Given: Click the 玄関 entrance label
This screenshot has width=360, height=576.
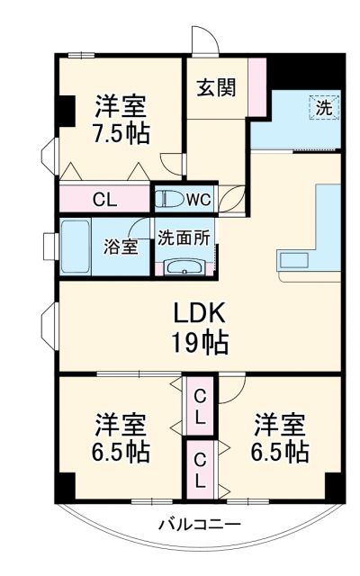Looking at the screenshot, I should (218, 88).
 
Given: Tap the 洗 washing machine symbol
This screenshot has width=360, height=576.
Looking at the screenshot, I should (323, 106).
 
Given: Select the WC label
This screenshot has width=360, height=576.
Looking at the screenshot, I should (198, 198).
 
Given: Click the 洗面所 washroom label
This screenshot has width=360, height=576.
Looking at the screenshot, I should (184, 238).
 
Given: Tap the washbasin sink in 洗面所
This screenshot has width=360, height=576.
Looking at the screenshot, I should (184, 266).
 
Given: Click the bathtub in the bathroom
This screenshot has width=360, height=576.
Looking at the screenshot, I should (79, 246).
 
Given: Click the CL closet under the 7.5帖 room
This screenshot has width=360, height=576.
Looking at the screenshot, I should (103, 199).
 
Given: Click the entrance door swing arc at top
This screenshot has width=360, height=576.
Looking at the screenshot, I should (207, 40).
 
